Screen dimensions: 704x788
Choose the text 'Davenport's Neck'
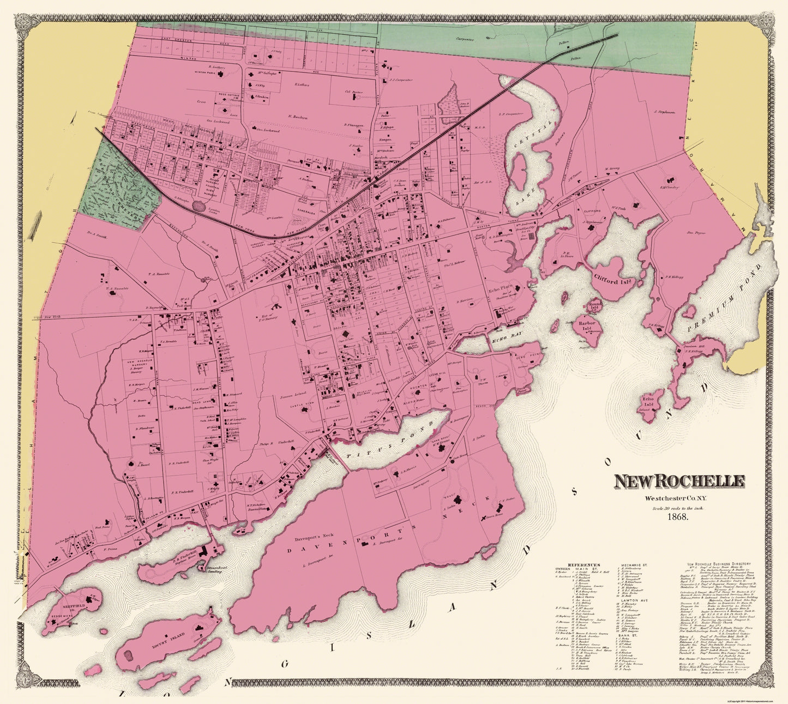click(306, 540)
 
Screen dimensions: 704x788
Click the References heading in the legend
click(584, 565)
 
